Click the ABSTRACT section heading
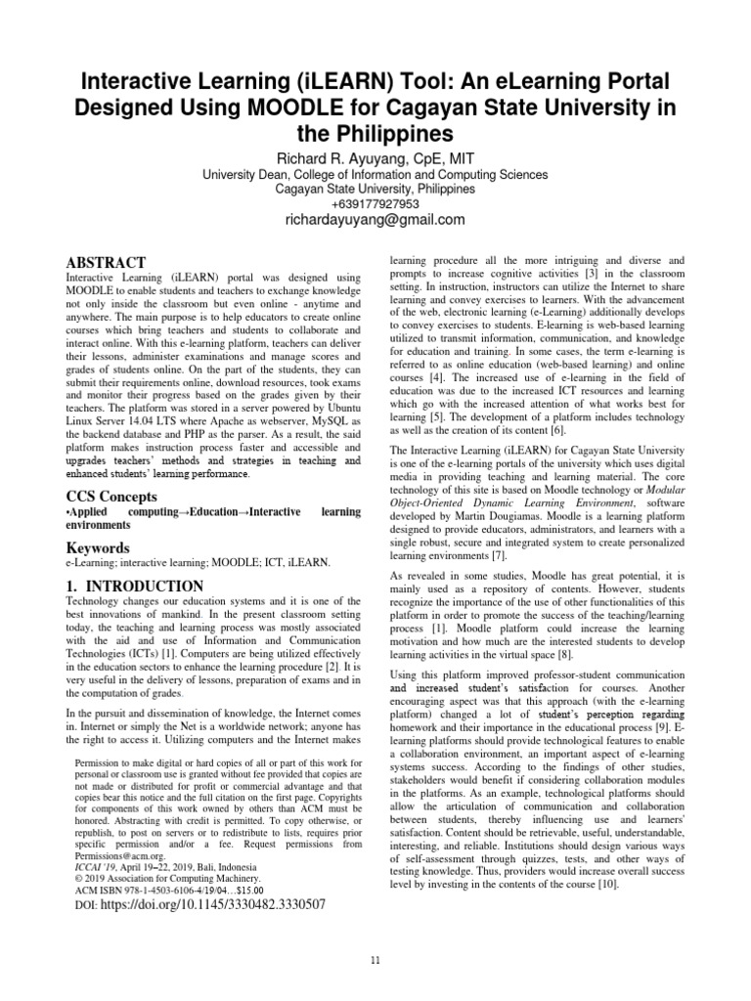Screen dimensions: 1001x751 [105, 263]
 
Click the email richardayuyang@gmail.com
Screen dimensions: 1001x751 [375, 221]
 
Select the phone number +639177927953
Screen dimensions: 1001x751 [375, 203]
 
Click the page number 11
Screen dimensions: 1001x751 [375, 962]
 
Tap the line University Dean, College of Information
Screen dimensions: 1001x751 [375, 175]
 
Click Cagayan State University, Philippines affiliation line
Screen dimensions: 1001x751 [375, 189]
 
